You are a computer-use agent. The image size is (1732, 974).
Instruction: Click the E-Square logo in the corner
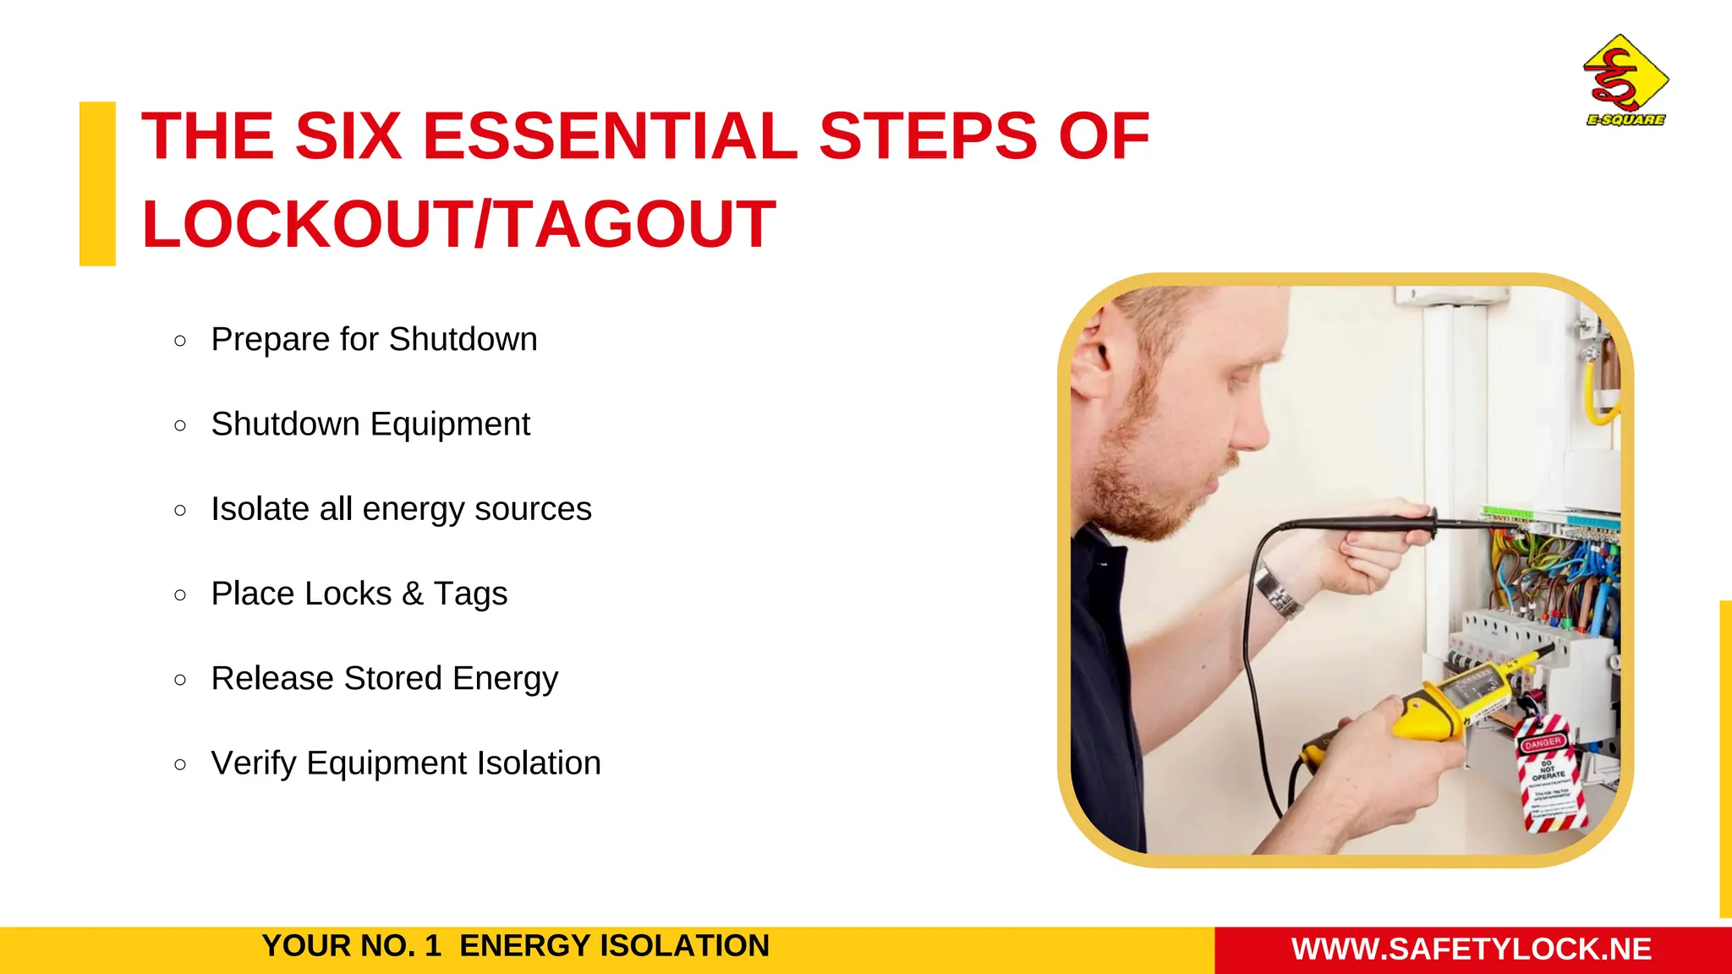click(x=1625, y=81)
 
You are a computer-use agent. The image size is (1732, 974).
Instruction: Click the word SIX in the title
click(x=348, y=136)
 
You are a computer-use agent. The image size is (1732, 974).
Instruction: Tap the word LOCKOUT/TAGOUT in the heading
click(x=458, y=224)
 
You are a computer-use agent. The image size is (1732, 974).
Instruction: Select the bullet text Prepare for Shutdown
click(x=374, y=340)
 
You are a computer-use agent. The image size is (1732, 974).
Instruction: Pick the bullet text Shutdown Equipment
click(x=370, y=424)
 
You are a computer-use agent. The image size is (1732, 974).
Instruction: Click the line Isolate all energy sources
click(x=401, y=509)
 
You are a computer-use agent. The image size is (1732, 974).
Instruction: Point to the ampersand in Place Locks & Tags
click(x=412, y=594)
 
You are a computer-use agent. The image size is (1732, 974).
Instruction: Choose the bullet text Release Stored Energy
click(x=385, y=678)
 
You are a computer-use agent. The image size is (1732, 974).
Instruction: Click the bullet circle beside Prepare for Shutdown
click(x=179, y=341)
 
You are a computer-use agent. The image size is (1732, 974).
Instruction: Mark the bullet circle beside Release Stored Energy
click(x=179, y=680)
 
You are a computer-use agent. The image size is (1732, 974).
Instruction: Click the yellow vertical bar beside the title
click(x=97, y=183)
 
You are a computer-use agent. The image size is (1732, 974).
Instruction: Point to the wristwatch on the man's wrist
click(x=1276, y=591)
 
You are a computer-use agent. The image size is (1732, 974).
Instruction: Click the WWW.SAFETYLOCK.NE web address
click(x=1472, y=949)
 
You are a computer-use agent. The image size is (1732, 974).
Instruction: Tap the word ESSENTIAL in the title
click(x=609, y=136)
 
